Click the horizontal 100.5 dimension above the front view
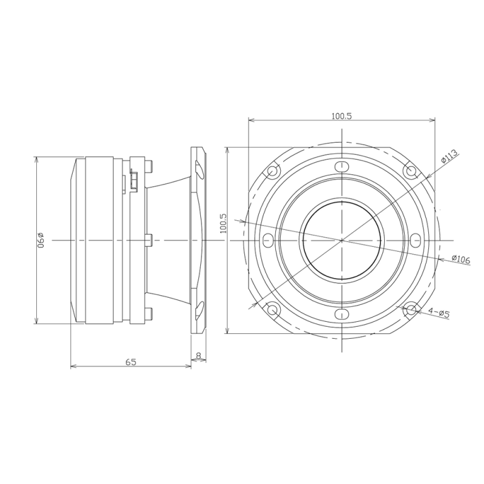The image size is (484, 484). coord(341,116)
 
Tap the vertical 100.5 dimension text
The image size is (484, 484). coord(223,223)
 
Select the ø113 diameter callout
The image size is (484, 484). coord(449,156)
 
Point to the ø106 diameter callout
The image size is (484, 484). coord(461,260)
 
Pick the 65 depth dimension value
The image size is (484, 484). coord(131,362)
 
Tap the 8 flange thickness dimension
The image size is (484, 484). coord(198,356)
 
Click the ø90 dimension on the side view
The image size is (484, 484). coord(41,240)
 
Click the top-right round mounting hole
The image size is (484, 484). coord(411,171)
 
